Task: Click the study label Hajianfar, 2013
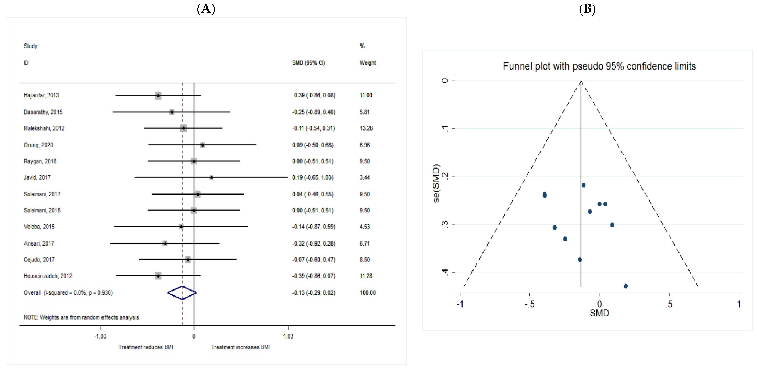pyautogui.click(x=41, y=95)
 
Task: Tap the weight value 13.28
pyautogui.click(x=366, y=128)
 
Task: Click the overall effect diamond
pyautogui.click(x=182, y=293)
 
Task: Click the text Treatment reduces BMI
pyautogui.click(x=146, y=347)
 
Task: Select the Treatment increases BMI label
pyautogui.click(x=240, y=347)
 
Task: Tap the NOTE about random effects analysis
pyautogui.click(x=81, y=317)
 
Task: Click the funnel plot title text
pyautogui.click(x=599, y=66)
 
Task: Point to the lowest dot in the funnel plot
pyautogui.click(x=626, y=286)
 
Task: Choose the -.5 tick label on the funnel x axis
pyautogui.click(x=529, y=304)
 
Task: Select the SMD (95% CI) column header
pyautogui.click(x=309, y=63)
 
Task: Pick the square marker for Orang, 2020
pyautogui.click(x=202, y=145)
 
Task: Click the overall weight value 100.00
pyautogui.click(x=368, y=293)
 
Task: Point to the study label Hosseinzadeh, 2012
pyautogui.click(x=48, y=276)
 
